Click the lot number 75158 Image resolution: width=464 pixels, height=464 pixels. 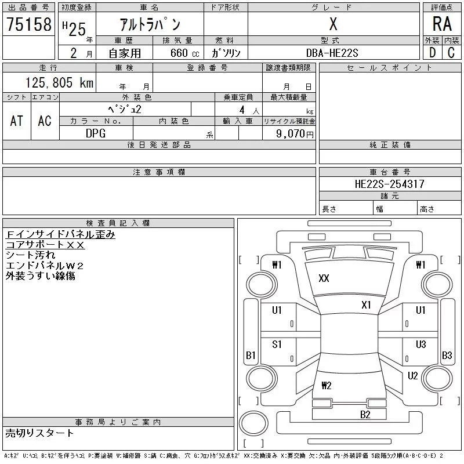[x=28, y=24]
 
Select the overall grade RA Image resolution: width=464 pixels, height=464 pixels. [x=442, y=24]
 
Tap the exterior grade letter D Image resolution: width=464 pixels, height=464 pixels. [x=432, y=52]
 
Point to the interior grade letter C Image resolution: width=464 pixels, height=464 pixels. [x=451, y=52]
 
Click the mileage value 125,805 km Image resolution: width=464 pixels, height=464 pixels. [x=58, y=83]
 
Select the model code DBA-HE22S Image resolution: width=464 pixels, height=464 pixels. [x=333, y=53]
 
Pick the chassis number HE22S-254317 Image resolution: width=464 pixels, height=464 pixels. [x=389, y=184]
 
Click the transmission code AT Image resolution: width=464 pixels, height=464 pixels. [x=17, y=120]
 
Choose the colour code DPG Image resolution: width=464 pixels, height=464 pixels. [x=96, y=133]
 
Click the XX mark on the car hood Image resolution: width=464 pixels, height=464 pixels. [x=324, y=278]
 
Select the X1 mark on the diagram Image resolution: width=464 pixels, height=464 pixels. [x=366, y=305]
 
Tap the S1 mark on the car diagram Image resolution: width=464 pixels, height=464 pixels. [x=277, y=344]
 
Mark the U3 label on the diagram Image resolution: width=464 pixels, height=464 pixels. [x=420, y=344]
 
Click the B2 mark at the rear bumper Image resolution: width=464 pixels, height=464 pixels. [x=365, y=414]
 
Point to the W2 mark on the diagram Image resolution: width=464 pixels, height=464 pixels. [x=326, y=386]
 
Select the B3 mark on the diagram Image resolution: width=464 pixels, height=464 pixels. [x=447, y=355]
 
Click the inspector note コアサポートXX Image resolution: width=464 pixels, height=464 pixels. [x=45, y=245]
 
